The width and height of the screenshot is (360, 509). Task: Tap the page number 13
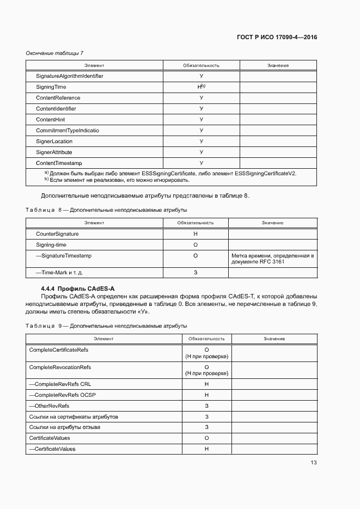(x=313, y=463)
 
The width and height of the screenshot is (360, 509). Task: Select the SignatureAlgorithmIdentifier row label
(x=69, y=76)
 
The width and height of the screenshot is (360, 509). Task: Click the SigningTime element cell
(x=52, y=87)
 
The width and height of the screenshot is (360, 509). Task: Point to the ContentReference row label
(x=58, y=98)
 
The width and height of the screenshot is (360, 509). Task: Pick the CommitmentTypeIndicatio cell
(x=68, y=131)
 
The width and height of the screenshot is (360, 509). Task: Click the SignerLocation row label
(x=54, y=142)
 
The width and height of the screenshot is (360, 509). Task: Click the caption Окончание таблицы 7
(x=54, y=53)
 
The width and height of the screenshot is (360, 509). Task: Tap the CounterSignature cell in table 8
(x=57, y=234)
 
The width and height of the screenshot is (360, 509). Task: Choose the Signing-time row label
(x=51, y=245)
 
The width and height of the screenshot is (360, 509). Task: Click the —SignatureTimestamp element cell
(x=63, y=255)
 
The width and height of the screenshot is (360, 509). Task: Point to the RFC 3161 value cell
(x=272, y=259)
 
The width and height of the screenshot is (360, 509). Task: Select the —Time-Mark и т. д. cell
(x=59, y=272)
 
